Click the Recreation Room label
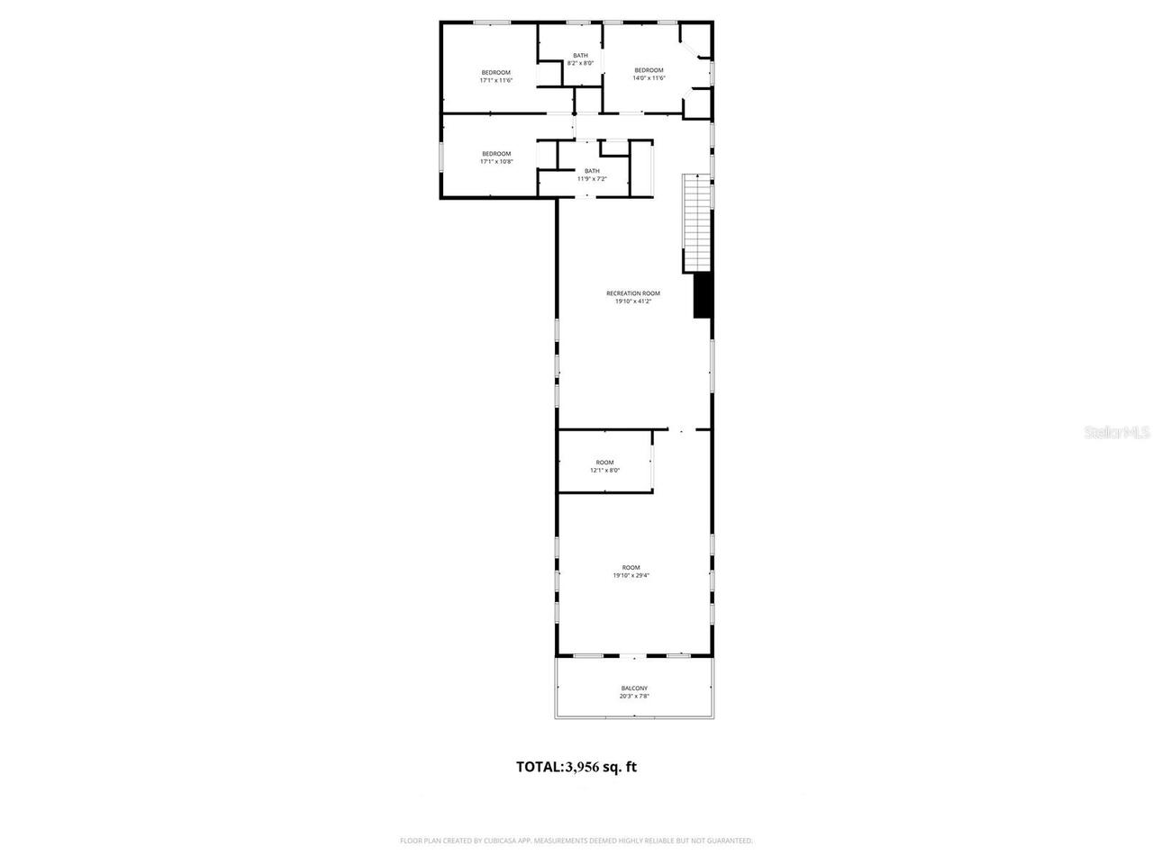coord(633,293)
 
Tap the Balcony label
coord(634,688)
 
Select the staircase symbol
coord(696,223)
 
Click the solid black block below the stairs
coord(703,295)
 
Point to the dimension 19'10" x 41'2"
coord(633,301)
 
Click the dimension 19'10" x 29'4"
coord(631,575)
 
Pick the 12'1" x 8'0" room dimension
coord(605,470)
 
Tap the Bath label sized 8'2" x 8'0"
coord(581,63)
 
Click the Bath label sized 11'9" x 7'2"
coord(592,178)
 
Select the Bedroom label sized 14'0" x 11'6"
coord(649,70)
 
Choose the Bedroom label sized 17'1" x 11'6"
coord(495,73)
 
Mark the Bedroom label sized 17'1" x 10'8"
coord(495,154)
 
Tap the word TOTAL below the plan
coord(539,768)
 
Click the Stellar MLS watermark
coord(1117,433)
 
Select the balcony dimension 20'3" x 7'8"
coord(634,696)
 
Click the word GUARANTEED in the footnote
coord(731,841)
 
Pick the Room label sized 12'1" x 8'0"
coord(604,463)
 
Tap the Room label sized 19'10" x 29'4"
coord(631,568)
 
